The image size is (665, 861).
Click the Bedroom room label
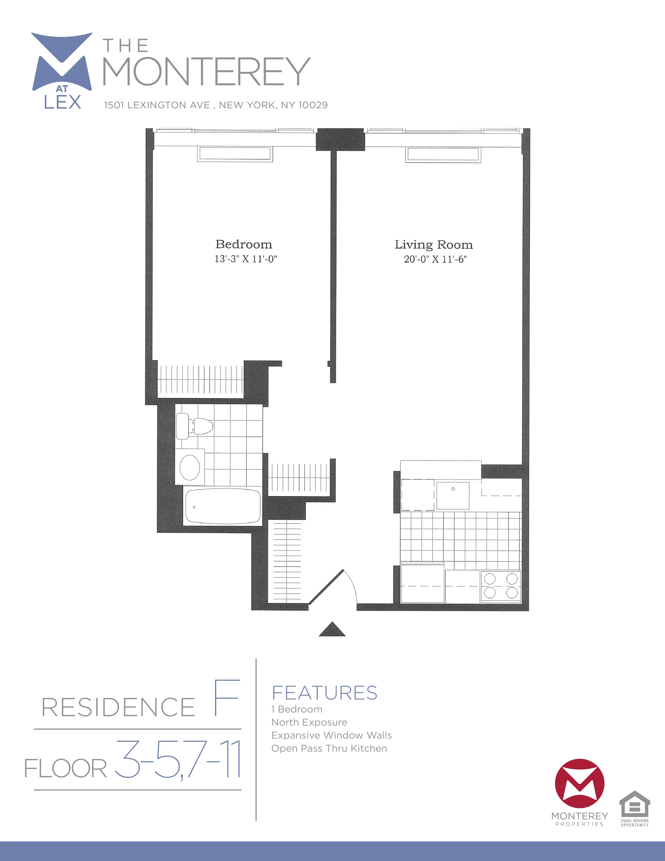244,244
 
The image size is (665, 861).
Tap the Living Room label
434,245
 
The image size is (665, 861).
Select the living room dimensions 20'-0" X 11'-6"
435,259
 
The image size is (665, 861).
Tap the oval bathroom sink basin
190,467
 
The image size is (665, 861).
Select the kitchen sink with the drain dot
453,495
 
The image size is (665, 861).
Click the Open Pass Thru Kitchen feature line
329,748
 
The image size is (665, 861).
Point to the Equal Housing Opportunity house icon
635,804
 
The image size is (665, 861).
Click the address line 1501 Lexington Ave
215,105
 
